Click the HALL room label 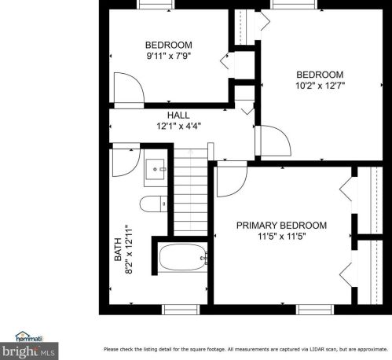pos(178,115)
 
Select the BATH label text pos(118,249)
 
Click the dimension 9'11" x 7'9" pos(169,56)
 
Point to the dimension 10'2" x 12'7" pos(320,85)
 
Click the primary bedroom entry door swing pos(229,181)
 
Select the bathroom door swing pos(124,162)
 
